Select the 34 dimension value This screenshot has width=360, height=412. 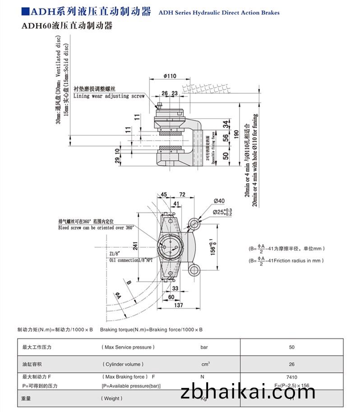(x=226, y=123)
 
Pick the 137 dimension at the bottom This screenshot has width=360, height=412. (x=179, y=306)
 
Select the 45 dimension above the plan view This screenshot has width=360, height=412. (x=163, y=194)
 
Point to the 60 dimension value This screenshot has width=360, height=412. (x=171, y=297)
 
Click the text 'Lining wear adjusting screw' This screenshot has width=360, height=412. (x=109, y=96)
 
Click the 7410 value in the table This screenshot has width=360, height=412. (x=291, y=377)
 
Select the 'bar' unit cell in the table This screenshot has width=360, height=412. (x=204, y=347)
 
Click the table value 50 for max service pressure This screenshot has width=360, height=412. (x=291, y=347)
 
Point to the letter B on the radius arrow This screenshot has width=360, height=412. (x=129, y=283)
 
